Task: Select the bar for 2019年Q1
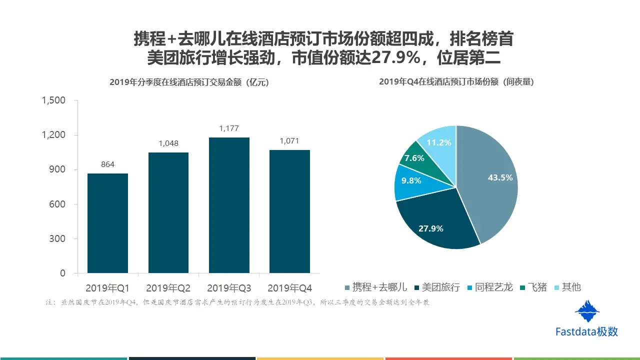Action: point(107,223)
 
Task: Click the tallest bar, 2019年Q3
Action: point(229,205)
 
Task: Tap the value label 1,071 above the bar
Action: point(289,141)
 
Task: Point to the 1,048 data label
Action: point(168,143)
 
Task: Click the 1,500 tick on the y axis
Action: point(53,100)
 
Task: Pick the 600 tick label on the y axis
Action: point(58,204)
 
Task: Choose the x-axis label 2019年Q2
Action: point(168,288)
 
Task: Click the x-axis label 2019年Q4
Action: point(289,288)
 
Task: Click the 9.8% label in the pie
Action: point(411,181)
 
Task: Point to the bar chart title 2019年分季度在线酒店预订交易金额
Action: point(189,83)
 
